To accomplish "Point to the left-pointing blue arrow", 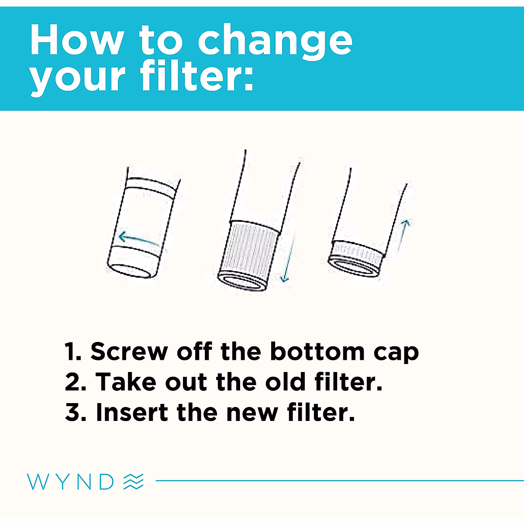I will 139,239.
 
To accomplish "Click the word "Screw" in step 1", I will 129,352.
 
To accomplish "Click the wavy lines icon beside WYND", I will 133,481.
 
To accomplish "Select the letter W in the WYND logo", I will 37,481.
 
